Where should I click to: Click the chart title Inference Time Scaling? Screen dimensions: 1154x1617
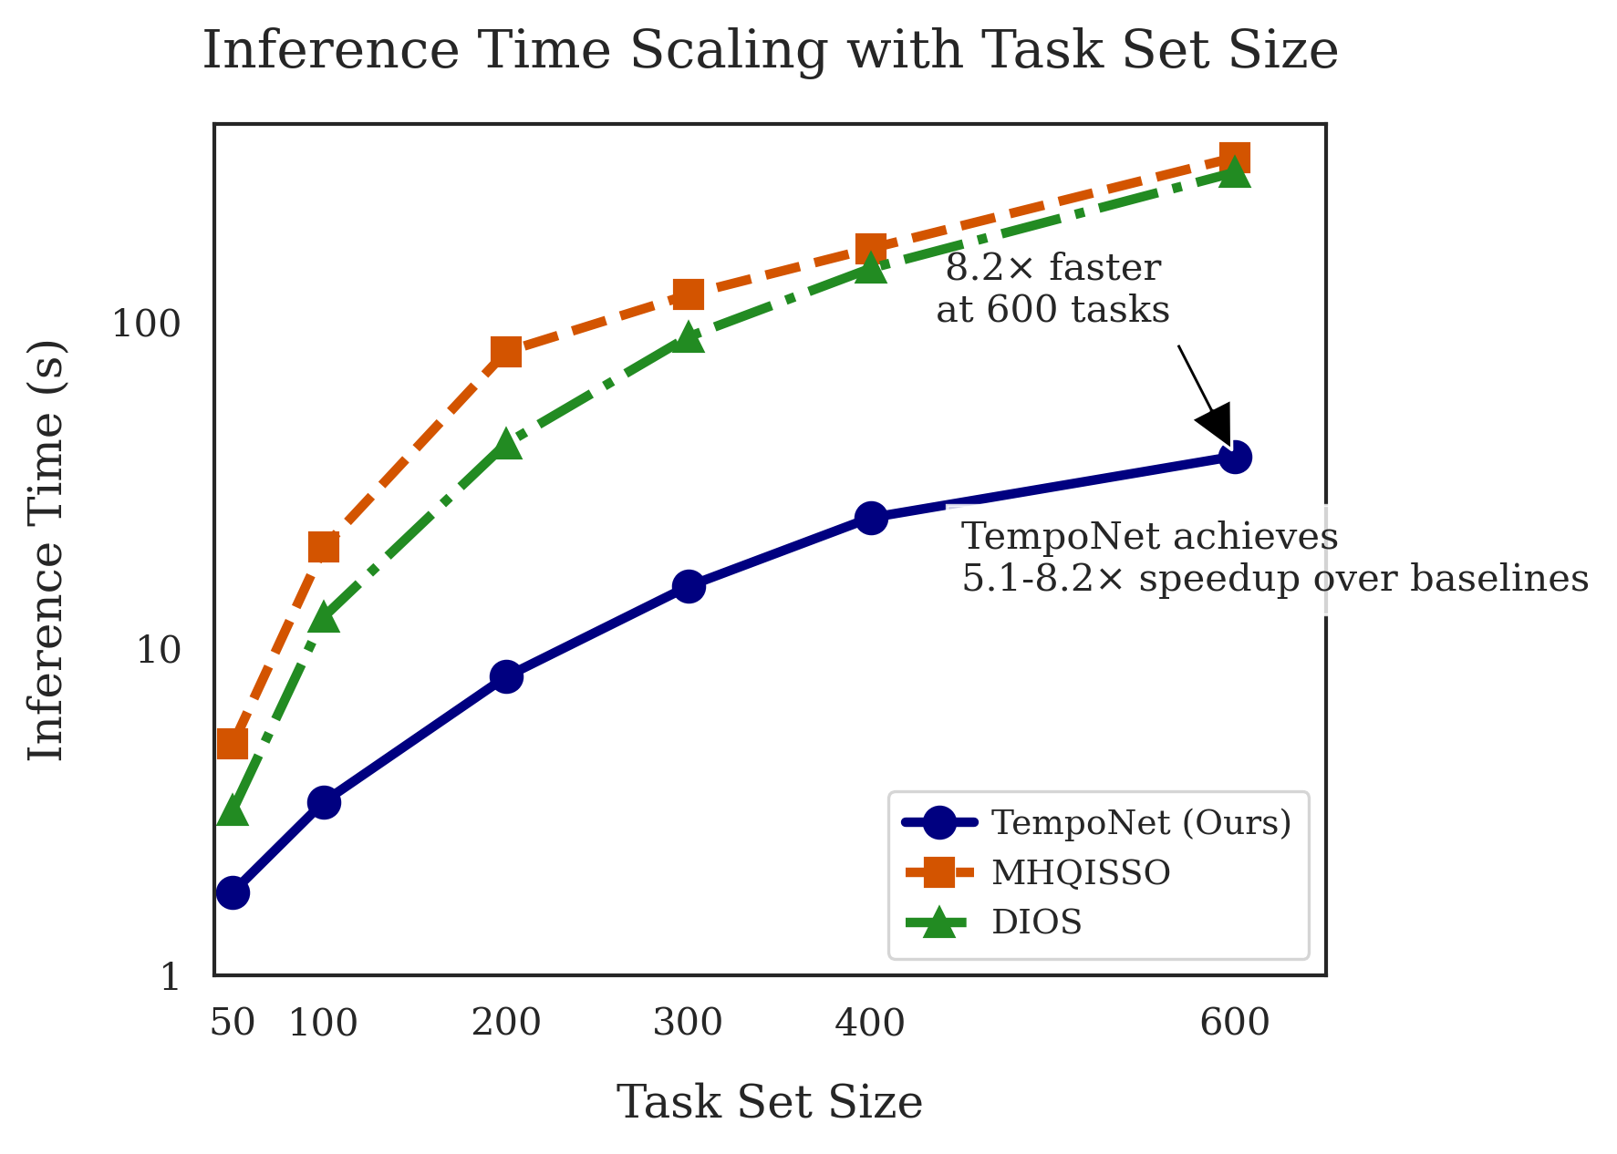pos(770,51)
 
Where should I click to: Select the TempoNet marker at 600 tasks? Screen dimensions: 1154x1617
pos(1235,457)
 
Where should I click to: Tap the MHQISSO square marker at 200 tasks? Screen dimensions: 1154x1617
pos(506,351)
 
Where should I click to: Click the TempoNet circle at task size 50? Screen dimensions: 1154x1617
pos(233,892)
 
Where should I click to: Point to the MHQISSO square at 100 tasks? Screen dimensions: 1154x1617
pos(324,547)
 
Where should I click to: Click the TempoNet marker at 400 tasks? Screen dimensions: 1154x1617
pos(871,518)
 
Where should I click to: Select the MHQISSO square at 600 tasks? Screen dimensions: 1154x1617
pos(1235,159)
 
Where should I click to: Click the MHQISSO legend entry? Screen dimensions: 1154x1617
pos(1081,873)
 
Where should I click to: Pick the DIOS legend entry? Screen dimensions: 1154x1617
pos(1037,922)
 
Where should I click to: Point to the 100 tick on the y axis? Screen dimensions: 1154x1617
pos(147,325)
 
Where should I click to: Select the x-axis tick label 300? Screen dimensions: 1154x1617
pos(689,1024)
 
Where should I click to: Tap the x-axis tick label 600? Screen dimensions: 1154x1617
pos(1235,1024)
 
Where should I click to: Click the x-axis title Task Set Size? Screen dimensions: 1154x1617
pos(770,1102)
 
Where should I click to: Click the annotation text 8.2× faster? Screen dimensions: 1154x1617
pos(1053,268)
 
